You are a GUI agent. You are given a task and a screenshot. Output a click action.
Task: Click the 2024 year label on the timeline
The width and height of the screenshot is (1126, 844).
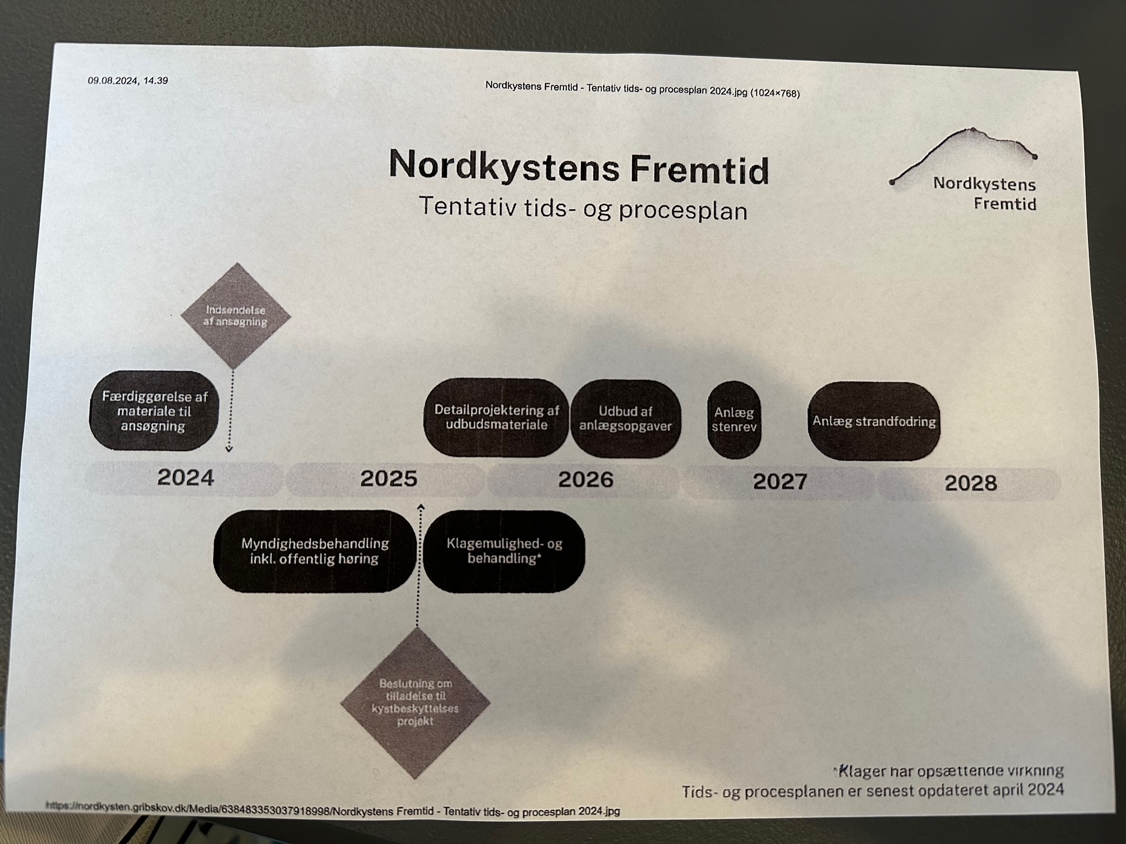point(185,478)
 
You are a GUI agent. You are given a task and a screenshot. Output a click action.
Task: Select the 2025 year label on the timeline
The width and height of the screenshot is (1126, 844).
point(389,479)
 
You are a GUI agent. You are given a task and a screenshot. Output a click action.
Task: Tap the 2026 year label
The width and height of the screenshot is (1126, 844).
point(586,480)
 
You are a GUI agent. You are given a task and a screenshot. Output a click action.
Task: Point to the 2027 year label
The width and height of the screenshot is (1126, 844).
point(780,482)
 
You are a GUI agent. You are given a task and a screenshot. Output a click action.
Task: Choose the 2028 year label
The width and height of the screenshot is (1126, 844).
point(971,483)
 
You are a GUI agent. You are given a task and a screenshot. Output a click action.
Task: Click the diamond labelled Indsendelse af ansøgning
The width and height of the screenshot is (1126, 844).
point(236,316)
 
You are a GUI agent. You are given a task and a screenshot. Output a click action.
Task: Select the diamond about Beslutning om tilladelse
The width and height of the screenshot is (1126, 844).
point(416,703)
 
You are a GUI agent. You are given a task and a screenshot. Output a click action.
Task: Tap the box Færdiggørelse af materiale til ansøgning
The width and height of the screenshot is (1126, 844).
point(154,411)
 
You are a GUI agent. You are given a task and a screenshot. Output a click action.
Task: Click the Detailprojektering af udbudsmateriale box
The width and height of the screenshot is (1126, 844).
point(496,418)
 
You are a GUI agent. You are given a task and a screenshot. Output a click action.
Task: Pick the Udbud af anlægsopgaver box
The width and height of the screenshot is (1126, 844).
point(626,419)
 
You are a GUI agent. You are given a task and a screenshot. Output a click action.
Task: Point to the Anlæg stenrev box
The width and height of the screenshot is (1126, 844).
point(734,420)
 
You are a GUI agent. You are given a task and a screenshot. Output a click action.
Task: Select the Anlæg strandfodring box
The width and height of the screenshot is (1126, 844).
point(874,421)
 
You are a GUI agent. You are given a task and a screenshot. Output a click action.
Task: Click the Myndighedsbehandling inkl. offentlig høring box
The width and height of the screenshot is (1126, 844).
point(315,551)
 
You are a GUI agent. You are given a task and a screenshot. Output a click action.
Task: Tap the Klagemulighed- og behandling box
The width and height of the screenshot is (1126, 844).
point(504,552)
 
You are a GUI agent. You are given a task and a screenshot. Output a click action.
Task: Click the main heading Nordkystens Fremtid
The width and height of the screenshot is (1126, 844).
point(579,167)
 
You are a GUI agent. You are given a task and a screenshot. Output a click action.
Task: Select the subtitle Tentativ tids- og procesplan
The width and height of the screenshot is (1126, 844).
point(583,209)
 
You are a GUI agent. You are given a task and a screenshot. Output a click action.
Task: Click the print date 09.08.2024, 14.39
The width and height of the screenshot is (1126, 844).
point(128,80)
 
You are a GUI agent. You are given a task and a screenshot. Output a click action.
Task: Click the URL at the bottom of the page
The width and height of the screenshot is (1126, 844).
point(333,808)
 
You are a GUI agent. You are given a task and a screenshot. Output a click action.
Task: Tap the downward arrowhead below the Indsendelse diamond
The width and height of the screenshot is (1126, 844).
point(228,448)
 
